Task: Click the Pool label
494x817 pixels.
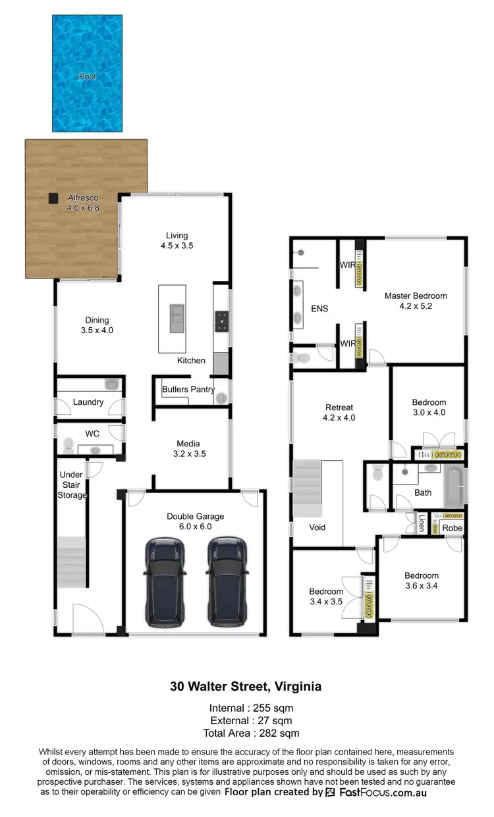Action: pyautogui.click(x=88, y=76)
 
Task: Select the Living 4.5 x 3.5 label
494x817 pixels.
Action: pyautogui.click(x=177, y=240)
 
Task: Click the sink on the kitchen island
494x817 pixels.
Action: pyautogui.click(x=177, y=319)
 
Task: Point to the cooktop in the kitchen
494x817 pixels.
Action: pyautogui.click(x=221, y=321)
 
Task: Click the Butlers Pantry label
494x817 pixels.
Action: pyautogui.click(x=188, y=389)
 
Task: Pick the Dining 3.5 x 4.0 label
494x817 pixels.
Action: pyautogui.click(x=96, y=326)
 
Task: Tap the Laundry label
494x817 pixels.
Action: pyautogui.click(x=88, y=402)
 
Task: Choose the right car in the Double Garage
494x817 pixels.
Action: pyautogui.click(x=228, y=581)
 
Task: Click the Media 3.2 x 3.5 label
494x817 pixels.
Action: pyautogui.click(x=188, y=448)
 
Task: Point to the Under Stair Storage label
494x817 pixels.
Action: pyautogui.click(x=72, y=485)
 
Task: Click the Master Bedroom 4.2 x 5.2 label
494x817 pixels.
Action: pyautogui.click(x=416, y=301)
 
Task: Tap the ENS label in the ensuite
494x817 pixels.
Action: pyautogui.click(x=319, y=308)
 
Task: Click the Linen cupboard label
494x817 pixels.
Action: pyautogui.click(x=421, y=523)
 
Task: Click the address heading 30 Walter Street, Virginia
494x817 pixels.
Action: pyautogui.click(x=246, y=687)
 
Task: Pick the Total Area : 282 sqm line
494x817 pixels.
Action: pyautogui.click(x=246, y=733)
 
